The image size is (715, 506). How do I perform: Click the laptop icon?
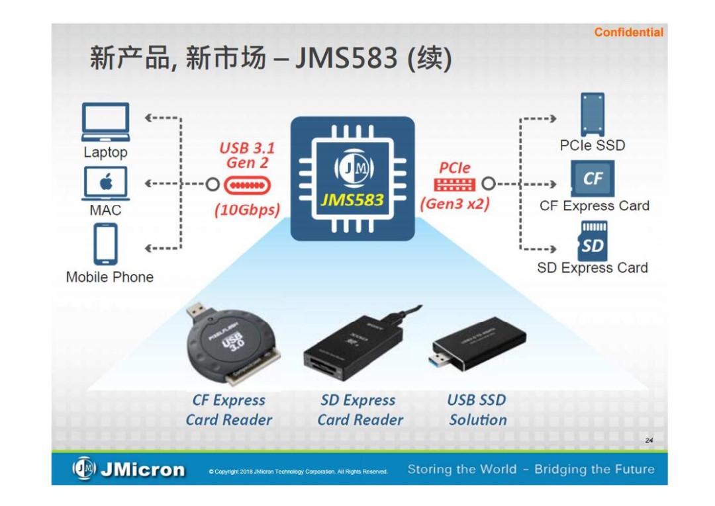[x=105, y=122]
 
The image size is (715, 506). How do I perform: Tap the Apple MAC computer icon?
[x=105, y=183]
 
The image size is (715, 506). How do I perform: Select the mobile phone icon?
[x=105, y=244]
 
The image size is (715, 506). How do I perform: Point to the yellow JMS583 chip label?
[x=352, y=199]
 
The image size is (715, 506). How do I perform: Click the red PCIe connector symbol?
[x=454, y=185]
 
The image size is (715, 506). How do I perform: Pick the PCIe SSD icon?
[x=592, y=114]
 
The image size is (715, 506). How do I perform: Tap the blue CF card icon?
[x=593, y=179]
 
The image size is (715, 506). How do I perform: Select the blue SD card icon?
[x=593, y=241]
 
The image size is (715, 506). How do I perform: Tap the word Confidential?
[x=628, y=32]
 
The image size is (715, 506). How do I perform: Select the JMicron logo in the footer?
[x=128, y=470]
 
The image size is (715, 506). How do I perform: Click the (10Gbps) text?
[x=247, y=210]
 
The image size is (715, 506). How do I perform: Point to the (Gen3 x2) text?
[x=455, y=204]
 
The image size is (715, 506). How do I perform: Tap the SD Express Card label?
[x=592, y=268]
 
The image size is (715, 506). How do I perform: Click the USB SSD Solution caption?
[x=477, y=410]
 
